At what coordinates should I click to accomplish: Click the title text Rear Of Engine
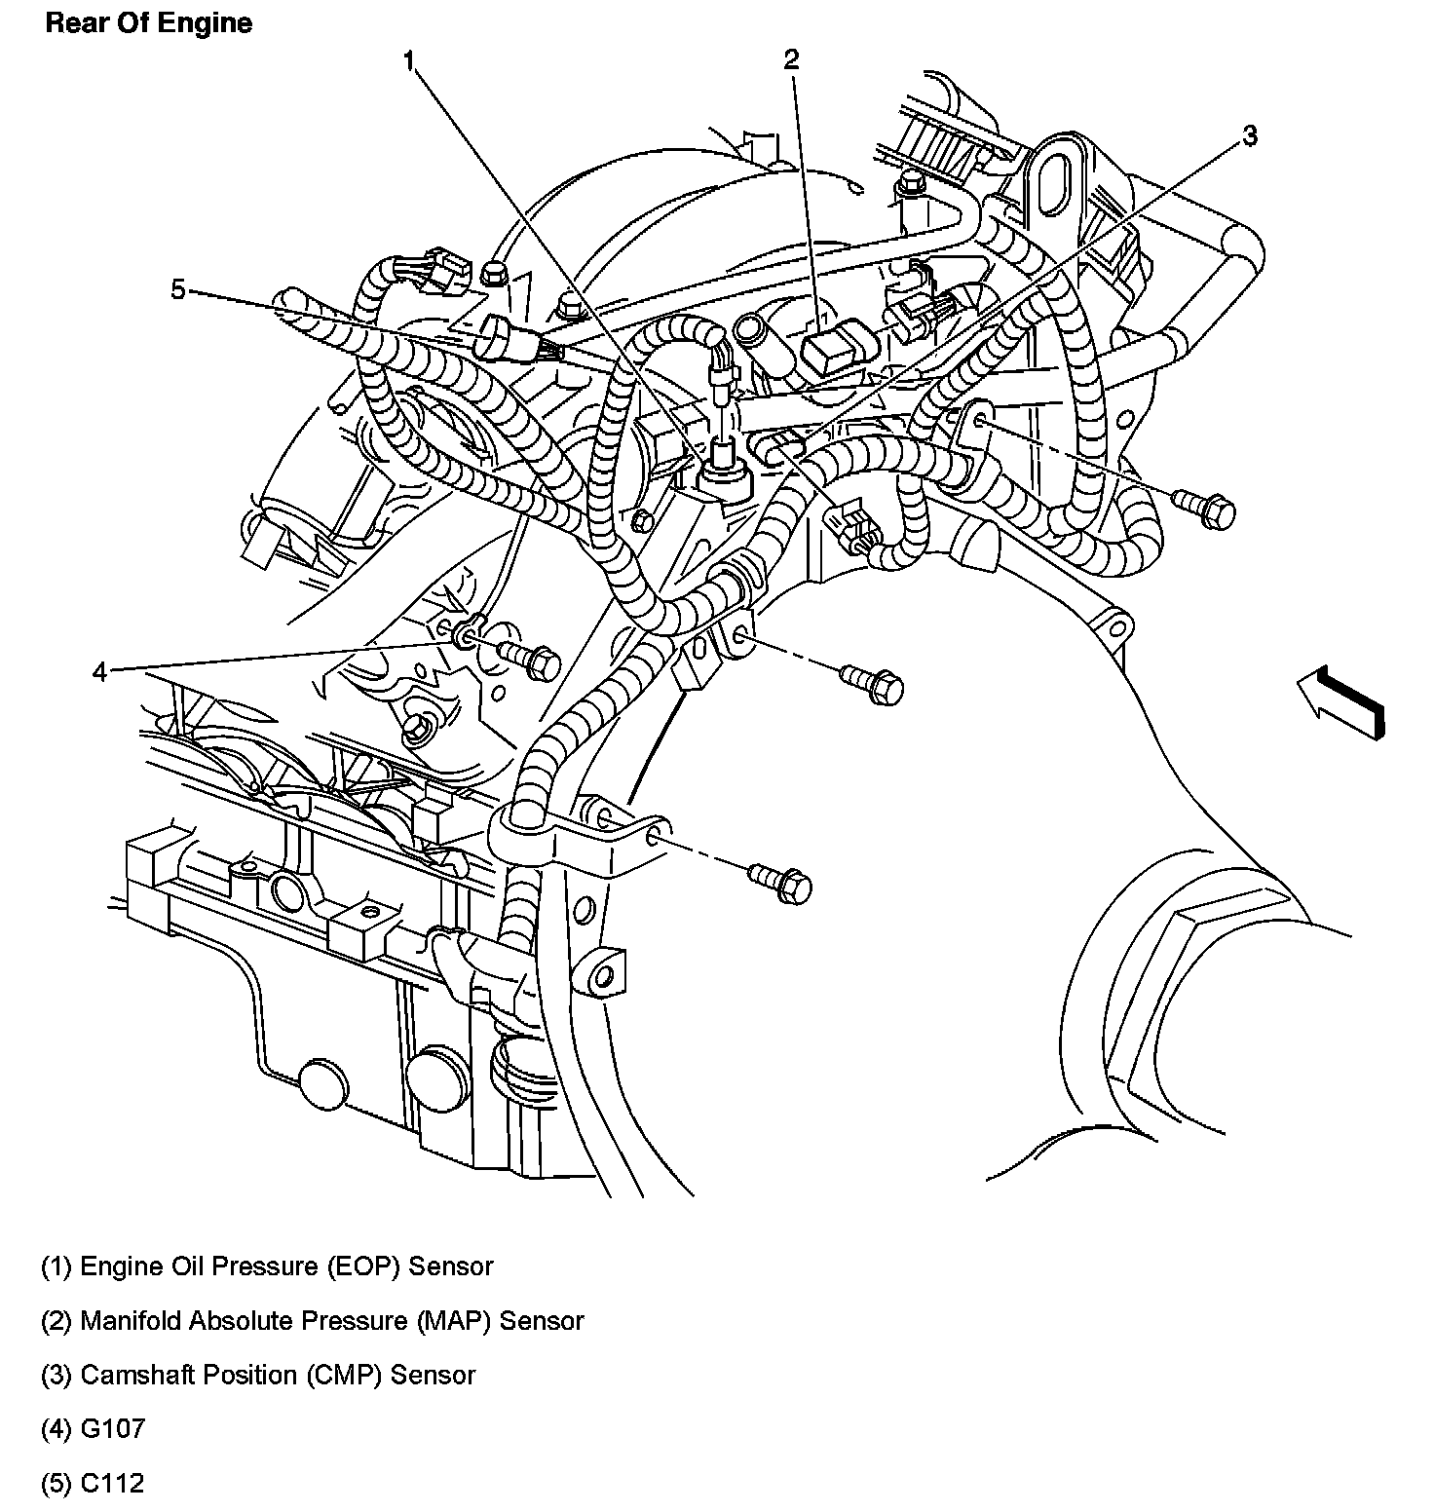point(148,23)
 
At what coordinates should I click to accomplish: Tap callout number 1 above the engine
point(410,61)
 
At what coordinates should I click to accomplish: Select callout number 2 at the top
point(791,59)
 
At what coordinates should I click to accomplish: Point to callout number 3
point(1250,135)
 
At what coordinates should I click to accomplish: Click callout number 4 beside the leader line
point(99,672)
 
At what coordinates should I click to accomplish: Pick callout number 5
point(177,289)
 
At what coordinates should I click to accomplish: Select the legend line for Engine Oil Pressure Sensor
point(267,1266)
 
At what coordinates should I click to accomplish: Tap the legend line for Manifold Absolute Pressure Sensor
point(312,1321)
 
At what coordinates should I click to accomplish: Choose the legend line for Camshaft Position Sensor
point(258,1375)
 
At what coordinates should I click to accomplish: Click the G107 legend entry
point(93,1429)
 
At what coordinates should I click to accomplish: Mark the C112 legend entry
point(93,1484)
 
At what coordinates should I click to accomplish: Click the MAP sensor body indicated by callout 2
point(829,350)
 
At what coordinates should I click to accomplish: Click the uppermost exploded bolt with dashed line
point(1206,508)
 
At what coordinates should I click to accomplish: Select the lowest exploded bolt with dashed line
point(781,884)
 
